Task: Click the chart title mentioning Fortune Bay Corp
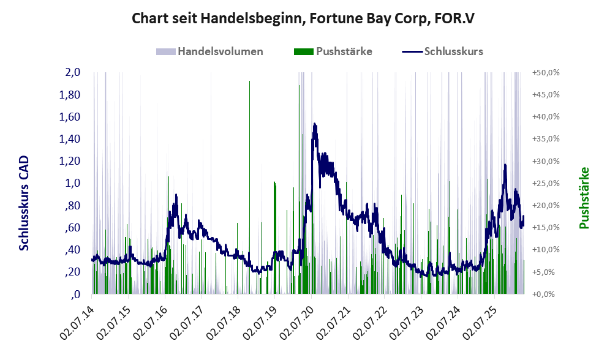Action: click(303, 18)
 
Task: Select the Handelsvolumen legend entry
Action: click(209, 51)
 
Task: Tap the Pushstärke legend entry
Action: click(333, 51)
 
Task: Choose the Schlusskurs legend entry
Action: click(442, 51)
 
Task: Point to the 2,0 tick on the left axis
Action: click(72, 72)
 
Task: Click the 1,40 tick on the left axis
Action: click(69, 139)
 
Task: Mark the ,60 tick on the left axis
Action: click(72, 228)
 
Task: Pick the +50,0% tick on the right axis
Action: click(546, 73)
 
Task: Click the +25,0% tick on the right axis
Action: click(546, 184)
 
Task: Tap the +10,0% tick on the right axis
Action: click(546, 250)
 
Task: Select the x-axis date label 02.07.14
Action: click(77, 323)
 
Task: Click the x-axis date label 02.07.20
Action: click(297, 323)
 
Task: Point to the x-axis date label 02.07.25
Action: click(480, 323)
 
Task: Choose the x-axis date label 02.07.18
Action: click(224, 323)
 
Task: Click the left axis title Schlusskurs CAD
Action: click(24, 203)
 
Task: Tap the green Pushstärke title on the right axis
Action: click(584, 198)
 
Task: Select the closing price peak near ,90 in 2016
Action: click(176, 195)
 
